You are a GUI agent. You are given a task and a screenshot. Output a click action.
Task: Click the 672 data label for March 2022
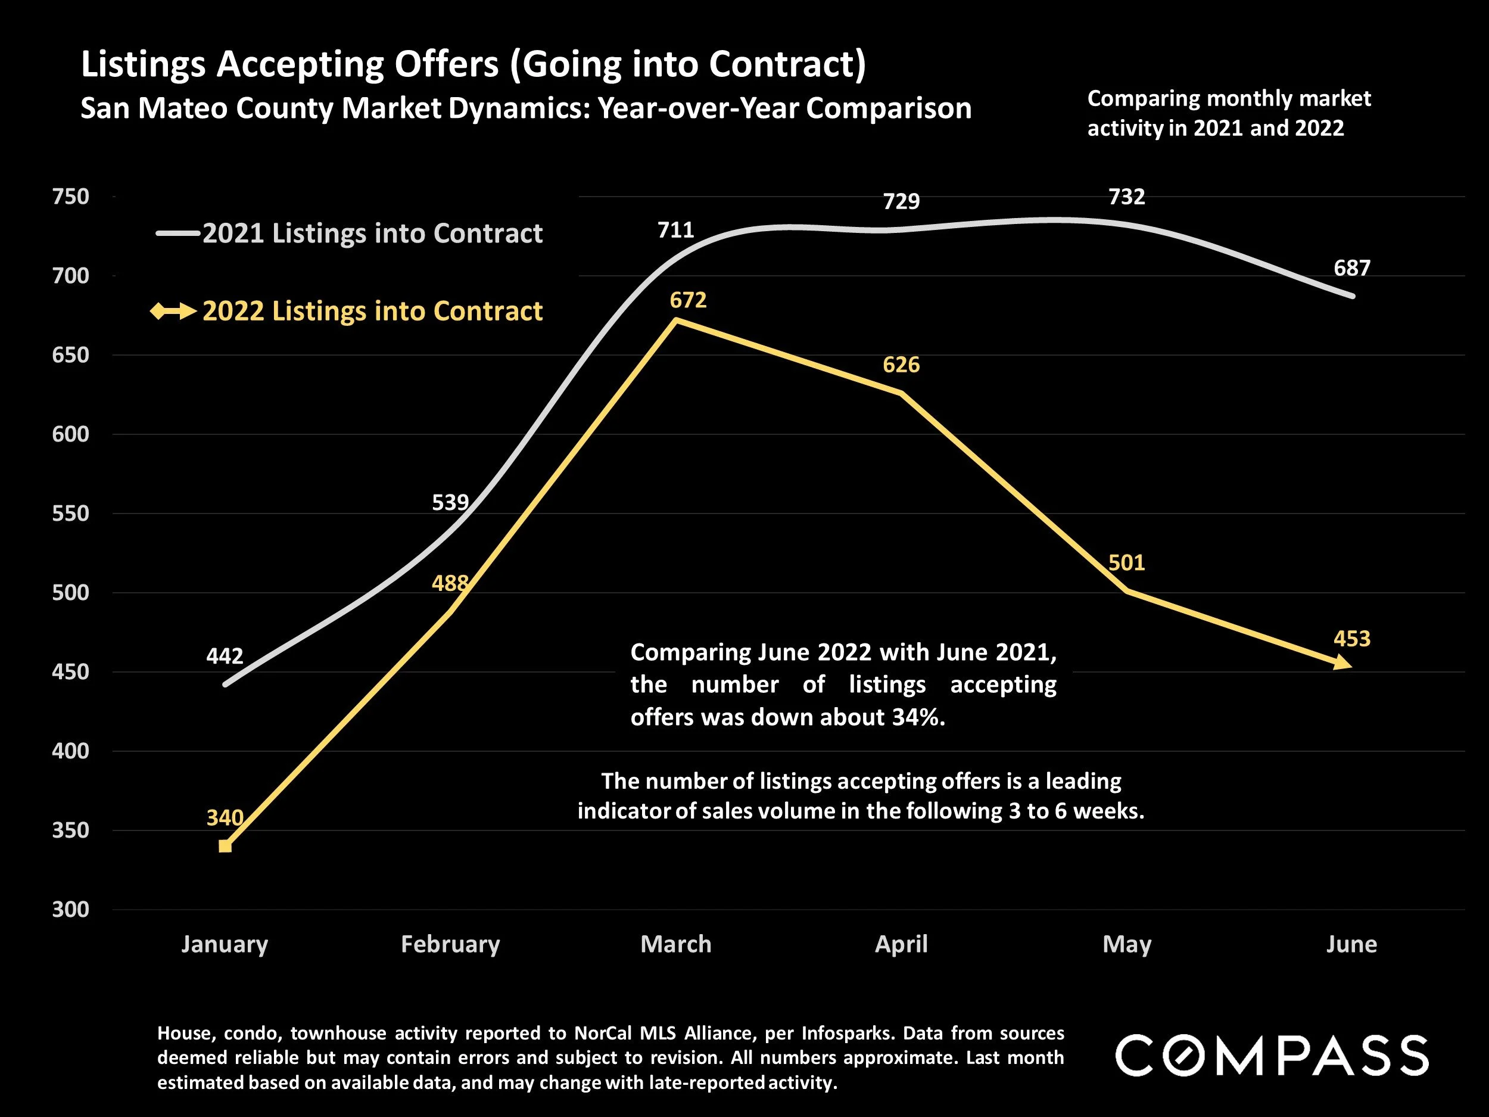click(x=688, y=300)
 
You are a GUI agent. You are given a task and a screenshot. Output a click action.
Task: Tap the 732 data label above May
click(x=1126, y=197)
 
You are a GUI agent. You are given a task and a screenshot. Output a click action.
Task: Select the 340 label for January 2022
click(x=224, y=817)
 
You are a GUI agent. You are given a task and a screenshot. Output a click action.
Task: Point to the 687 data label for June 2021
click(x=1351, y=268)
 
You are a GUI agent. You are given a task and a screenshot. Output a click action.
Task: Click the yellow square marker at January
click(x=225, y=847)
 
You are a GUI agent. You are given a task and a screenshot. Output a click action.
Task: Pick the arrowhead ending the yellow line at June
click(x=1343, y=663)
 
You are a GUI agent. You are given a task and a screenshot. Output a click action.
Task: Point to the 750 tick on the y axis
click(x=71, y=197)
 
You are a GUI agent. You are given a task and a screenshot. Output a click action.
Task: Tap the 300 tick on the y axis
click(x=71, y=910)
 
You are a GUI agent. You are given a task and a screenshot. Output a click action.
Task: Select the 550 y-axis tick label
click(x=71, y=514)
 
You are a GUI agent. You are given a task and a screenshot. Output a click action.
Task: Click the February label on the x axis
click(x=450, y=944)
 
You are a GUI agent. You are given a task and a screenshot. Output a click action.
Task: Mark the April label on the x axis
click(x=901, y=944)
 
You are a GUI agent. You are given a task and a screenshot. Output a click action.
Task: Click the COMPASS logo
click(x=1272, y=1056)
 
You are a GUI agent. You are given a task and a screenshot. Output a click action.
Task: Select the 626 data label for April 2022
click(x=901, y=365)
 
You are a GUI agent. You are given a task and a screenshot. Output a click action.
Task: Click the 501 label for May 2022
click(x=1126, y=563)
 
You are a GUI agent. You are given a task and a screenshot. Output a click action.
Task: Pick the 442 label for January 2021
click(x=224, y=656)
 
